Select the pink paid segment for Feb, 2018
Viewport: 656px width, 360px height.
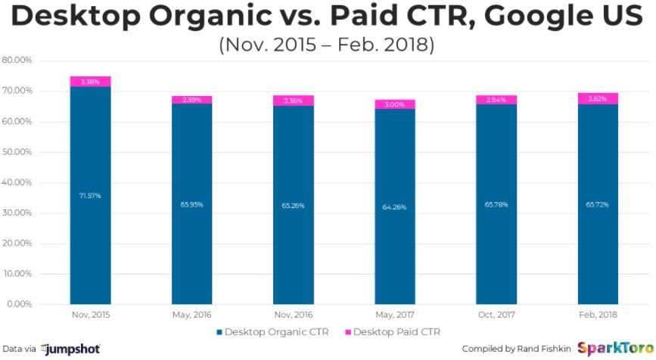(598, 98)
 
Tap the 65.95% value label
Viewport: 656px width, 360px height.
(191, 204)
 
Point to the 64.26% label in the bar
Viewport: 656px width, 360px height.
(394, 206)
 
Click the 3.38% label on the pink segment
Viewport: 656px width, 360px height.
(90, 82)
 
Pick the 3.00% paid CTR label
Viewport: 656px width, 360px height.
(394, 104)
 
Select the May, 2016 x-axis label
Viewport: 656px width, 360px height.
(191, 314)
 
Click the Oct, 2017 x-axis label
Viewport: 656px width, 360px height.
(496, 314)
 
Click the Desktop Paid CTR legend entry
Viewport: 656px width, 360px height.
(393, 331)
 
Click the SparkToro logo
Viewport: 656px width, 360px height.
(612, 348)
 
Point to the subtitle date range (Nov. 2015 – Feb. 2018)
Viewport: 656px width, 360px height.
(327, 45)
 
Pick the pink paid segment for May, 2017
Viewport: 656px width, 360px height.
(394, 104)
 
